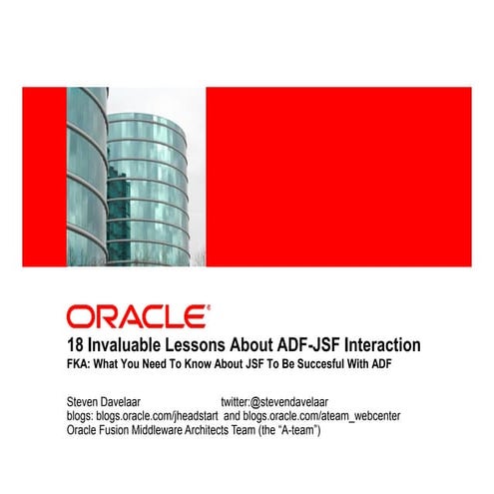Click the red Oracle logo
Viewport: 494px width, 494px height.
[x=138, y=316]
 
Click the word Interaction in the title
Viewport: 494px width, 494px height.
[x=376, y=344]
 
